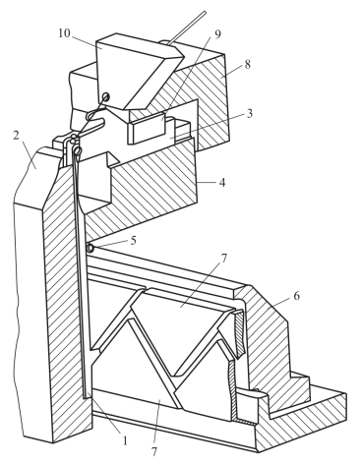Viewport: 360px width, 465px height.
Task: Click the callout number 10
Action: click(64, 33)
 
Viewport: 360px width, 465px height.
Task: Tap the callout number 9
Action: click(217, 34)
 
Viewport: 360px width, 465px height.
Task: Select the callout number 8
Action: click(247, 64)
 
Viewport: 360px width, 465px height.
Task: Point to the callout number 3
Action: click(249, 114)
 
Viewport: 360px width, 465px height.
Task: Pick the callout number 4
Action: click(222, 183)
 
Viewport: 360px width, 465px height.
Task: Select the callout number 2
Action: click(17, 136)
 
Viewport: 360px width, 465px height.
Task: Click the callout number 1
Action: click(124, 441)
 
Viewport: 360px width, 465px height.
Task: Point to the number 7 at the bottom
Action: click(154, 452)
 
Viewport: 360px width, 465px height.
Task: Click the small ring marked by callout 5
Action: click(90, 249)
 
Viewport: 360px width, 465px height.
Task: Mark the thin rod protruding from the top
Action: click(187, 28)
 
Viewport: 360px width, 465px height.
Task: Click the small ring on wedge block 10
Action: click(106, 97)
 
